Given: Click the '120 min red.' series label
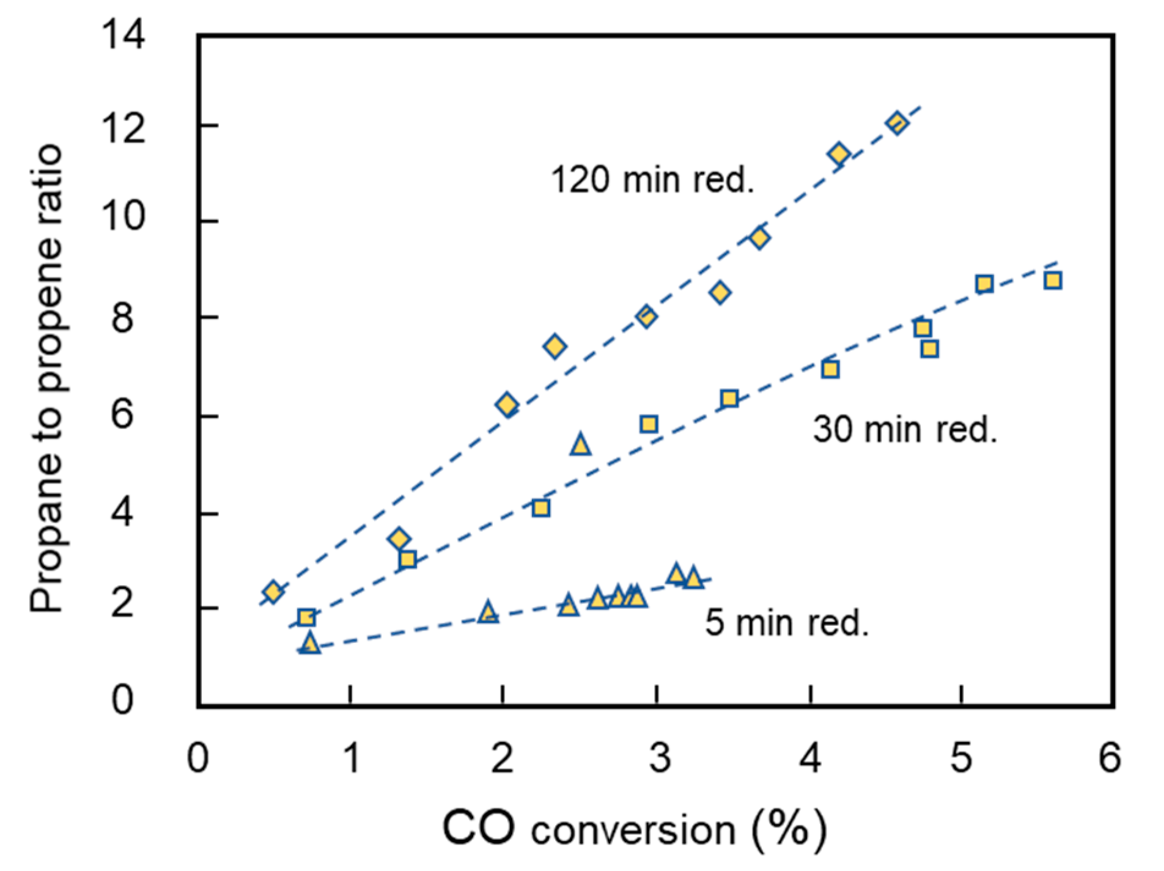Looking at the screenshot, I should [x=652, y=180].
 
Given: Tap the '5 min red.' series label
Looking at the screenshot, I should [x=787, y=623].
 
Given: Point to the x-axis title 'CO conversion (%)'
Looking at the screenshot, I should [x=635, y=829].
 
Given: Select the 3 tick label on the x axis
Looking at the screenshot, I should [x=660, y=759].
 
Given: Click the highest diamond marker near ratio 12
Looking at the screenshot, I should [x=897, y=123].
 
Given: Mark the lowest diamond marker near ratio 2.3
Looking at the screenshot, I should [x=273, y=592].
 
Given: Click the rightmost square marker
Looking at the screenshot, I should [x=1053, y=281].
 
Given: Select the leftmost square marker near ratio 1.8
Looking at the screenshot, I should [x=306, y=617].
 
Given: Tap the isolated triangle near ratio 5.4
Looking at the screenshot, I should [x=581, y=445].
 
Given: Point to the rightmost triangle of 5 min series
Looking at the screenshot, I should [x=693, y=578].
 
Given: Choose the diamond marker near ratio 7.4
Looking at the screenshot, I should [x=554, y=347].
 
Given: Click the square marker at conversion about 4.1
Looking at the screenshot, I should [x=830, y=369].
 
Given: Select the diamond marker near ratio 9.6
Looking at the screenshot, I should [x=759, y=238].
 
